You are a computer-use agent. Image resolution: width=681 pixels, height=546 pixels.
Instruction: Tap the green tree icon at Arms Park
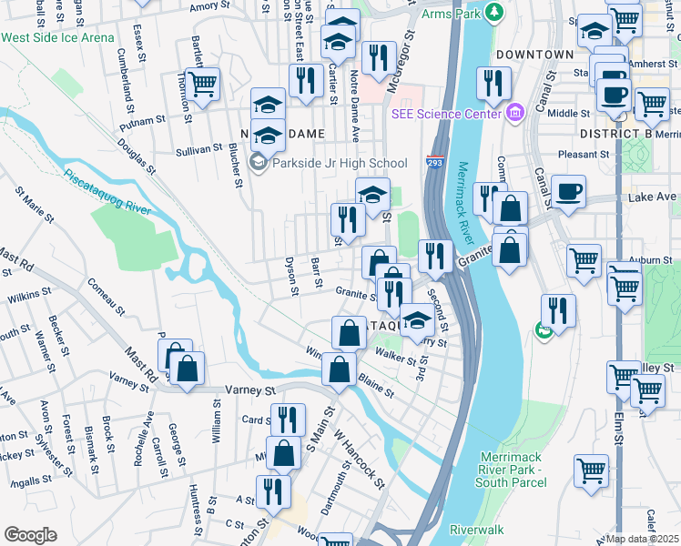(494, 12)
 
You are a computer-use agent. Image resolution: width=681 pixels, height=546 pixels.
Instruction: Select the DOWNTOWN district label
(534, 55)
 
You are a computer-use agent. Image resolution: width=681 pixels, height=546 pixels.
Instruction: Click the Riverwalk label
(476, 529)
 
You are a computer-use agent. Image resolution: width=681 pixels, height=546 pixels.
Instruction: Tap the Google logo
(30, 535)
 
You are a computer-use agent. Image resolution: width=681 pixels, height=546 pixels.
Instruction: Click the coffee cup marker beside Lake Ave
(569, 192)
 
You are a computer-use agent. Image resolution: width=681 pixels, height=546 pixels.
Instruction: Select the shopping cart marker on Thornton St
(203, 84)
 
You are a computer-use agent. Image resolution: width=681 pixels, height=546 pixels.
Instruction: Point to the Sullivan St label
(198, 147)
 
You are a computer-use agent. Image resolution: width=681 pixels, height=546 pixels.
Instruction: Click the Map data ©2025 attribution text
(643, 539)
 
